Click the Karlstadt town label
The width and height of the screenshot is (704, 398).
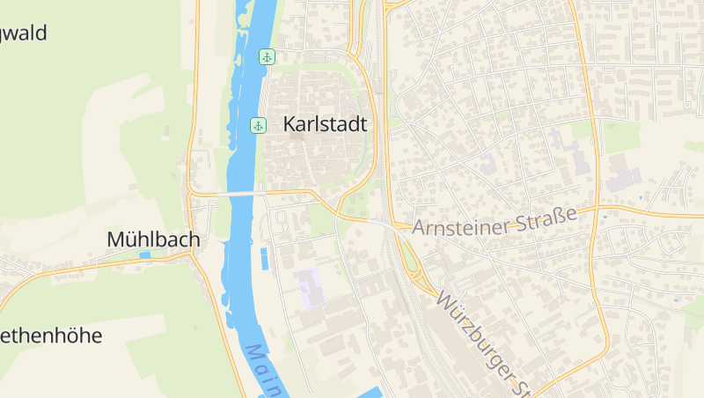[x=325, y=125]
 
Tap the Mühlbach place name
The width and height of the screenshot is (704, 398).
[x=153, y=239]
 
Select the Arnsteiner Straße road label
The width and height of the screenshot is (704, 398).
[x=494, y=222]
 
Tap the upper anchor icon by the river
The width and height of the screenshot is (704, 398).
[x=267, y=57]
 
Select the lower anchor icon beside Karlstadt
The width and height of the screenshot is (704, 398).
[x=259, y=125]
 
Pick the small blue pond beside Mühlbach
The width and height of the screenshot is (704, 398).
[x=144, y=254]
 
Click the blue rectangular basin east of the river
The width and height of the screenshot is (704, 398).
[x=264, y=258]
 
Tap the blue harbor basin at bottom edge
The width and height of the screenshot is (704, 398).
[x=370, y=392]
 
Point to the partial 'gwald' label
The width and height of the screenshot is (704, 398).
[x=24, y=34]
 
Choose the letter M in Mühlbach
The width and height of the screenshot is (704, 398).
[x=114, y=239]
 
